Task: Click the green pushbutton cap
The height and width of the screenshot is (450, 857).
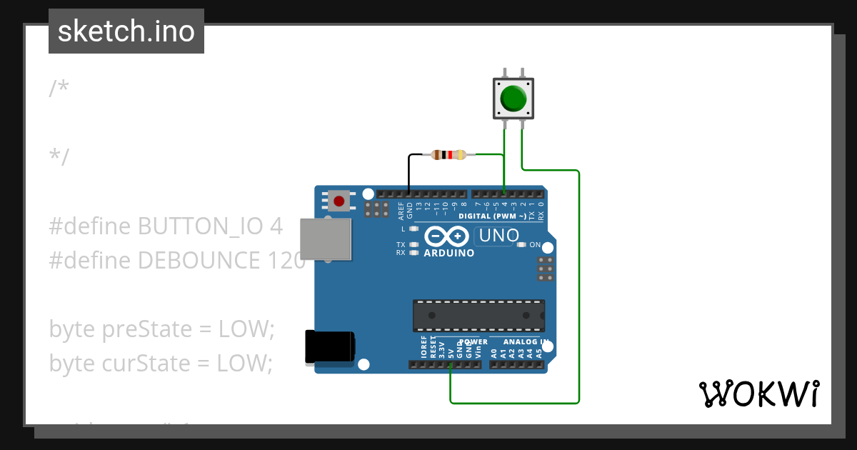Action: click(x=514, y=99)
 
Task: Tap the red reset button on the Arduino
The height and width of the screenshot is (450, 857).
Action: click(x=339, y=201)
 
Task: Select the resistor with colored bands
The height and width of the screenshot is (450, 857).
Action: click(x=448, y=154)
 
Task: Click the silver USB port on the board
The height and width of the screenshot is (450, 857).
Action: click(x=326, y=239)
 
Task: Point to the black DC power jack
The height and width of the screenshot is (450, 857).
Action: click(x=329, y=347)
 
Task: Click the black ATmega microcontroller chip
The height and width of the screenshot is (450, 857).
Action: click(x=478, y=316)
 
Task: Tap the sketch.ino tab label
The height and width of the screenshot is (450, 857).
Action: click(x=126, y=31)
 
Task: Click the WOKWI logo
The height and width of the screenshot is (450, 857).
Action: click(x=758, y=394)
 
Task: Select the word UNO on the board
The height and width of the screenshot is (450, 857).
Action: click(x=498, y=235)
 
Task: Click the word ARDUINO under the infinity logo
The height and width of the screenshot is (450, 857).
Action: click(x=448, y=253)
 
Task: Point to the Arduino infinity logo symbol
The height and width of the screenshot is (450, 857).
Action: click(x=446, y=236)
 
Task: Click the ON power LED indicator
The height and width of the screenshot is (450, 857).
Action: click(x=521, y=245)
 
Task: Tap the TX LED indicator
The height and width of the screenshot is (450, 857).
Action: click(x=414, y=244)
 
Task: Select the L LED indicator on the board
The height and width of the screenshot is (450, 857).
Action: click(x=414, y=229)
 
